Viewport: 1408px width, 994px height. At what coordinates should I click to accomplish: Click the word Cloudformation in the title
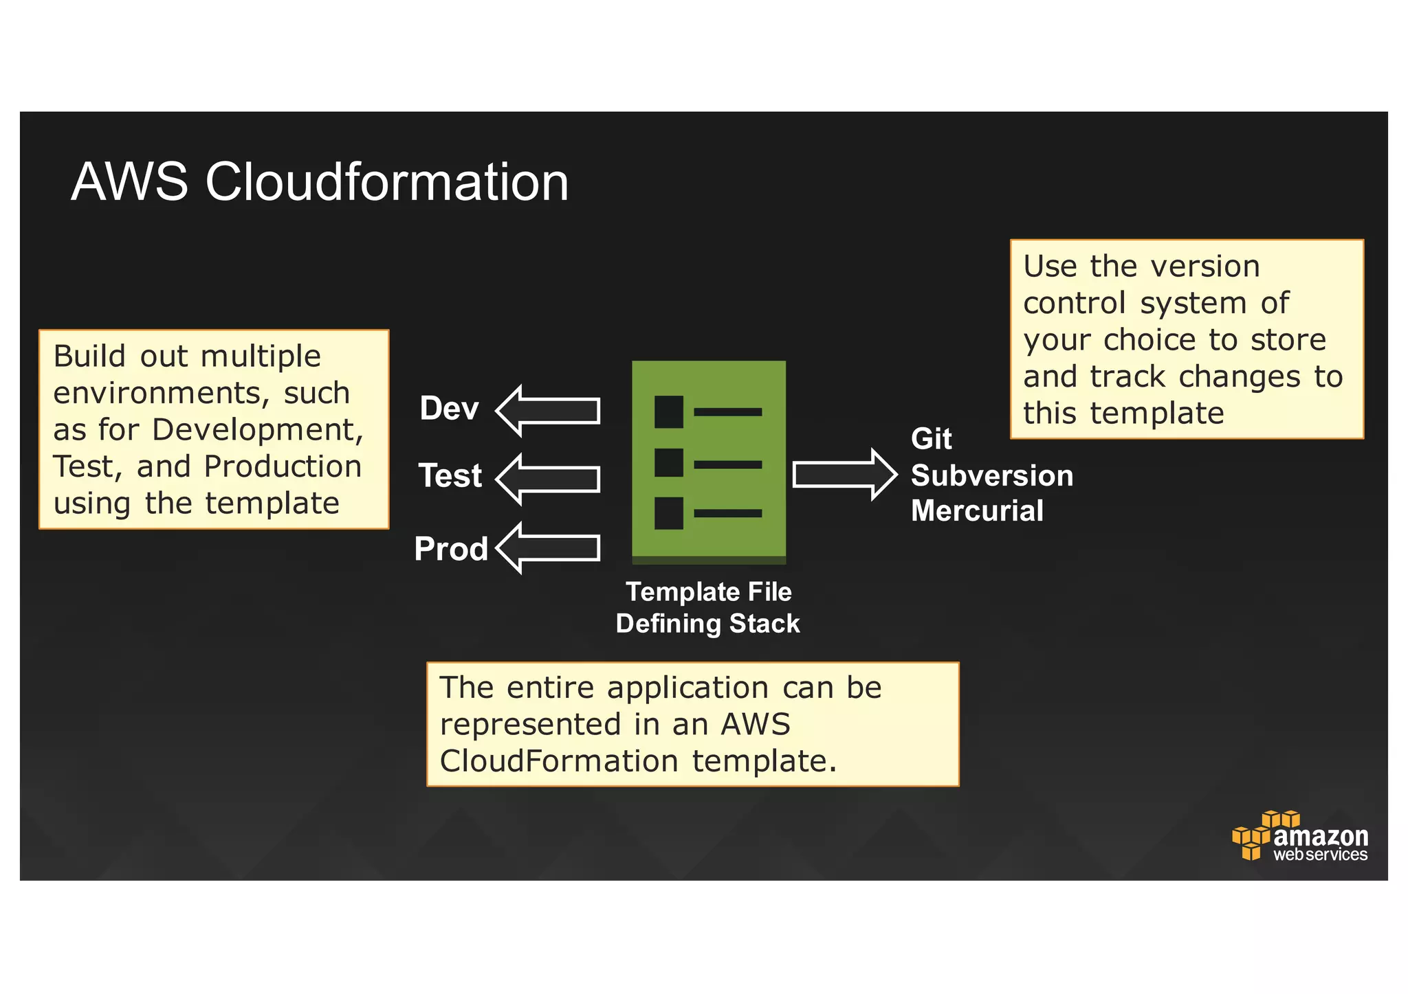click(x=386, y=183)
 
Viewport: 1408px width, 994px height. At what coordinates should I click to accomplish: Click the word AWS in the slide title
click(x=129, y=183)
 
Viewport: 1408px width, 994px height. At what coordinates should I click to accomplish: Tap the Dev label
click(x=449, y=409)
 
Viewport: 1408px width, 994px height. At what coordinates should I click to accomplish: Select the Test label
click(x=450, y=476)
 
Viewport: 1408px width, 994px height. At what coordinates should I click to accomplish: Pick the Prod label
click(x=451, y=549)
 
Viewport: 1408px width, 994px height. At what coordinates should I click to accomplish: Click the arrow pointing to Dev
click(x=548, y=411)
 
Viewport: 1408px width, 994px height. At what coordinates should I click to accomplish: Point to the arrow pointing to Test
click(x=548, y=479)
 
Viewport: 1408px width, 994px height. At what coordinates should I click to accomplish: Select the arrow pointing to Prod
click(x=548, y=547)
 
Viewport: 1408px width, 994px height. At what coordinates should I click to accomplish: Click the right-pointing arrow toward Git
click(x=844, y=475)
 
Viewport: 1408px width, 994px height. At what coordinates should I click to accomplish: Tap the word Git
click(x=931, y=439)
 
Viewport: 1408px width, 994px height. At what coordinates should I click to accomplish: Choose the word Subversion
click(x=991, y=476)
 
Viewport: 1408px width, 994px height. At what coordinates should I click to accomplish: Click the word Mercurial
click(x=977, y=511)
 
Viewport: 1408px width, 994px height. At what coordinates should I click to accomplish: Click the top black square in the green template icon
click(x=668, y=411)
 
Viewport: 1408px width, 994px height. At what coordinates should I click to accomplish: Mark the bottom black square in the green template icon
click(x=668, y=513)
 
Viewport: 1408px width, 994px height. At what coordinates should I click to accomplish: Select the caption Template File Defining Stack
click(x=708, y=608)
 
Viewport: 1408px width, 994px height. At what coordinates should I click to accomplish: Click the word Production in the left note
click(x=283, y=466)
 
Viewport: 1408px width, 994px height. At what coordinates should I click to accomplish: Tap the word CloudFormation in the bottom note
click(x=559, y=761)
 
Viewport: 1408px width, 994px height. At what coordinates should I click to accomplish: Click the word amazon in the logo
click(x=1320, y=836)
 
